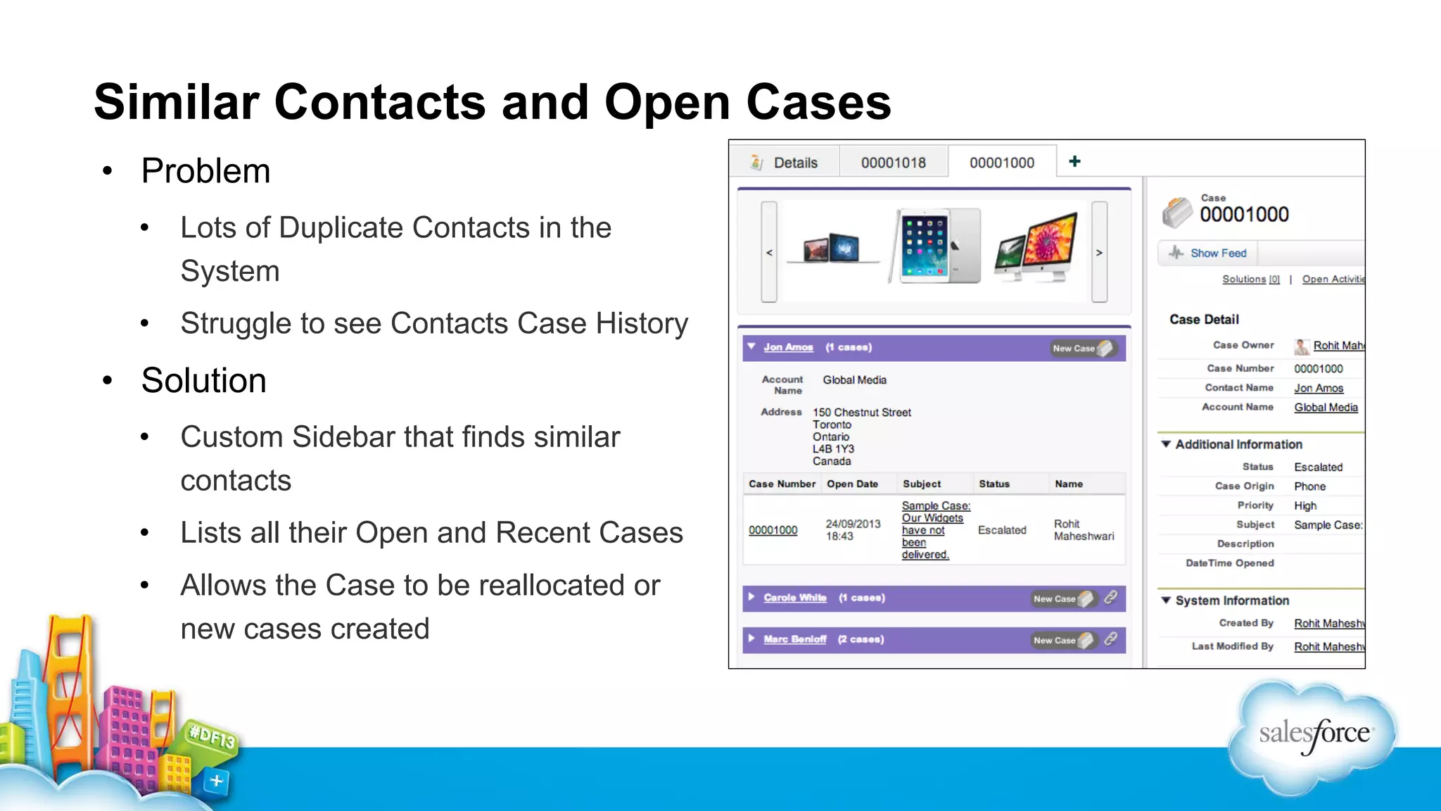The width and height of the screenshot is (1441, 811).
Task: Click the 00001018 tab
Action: pos(893,163)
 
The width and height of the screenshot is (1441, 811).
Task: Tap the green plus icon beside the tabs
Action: pos(1074,162)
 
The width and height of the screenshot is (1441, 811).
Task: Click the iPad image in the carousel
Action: pos(935,246)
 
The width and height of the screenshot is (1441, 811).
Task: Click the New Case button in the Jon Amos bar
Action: pos(1081,348)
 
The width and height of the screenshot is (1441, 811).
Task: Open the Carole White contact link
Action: pos(794,598)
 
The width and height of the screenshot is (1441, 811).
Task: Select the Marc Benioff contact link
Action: pos(794,639)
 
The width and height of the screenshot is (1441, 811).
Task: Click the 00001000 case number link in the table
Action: pos(773,530)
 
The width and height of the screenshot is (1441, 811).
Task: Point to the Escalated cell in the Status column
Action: pos(1001,530)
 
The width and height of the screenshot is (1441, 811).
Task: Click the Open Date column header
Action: pos(852,484)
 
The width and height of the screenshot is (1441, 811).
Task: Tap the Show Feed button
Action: pos(1208,253)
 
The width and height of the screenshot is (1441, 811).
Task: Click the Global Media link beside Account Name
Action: pos(1326,408)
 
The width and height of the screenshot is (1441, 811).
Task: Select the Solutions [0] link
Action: pos(1250,279)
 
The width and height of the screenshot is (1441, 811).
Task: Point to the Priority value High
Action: pos(1305,505)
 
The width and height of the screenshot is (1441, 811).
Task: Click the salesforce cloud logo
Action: pos(1313,735)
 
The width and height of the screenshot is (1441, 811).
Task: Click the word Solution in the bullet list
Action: pos(203,381)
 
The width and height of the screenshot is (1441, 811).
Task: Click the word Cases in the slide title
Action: pos(818,103)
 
